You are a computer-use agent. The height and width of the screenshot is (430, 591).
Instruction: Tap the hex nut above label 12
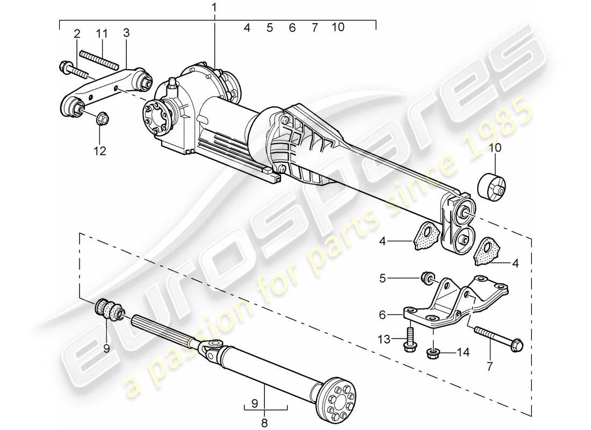(x=101, y=118)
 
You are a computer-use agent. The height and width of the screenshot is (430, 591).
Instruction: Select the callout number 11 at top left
(x=102, y=33)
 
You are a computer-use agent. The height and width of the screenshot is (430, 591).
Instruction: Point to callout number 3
(x=126, y=33)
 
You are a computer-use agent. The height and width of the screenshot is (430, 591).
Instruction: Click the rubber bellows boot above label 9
(x=109, y=310)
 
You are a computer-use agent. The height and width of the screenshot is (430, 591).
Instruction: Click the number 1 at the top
(x=215, y=8)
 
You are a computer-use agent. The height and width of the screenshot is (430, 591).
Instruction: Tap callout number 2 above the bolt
(x=77, y=33)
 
